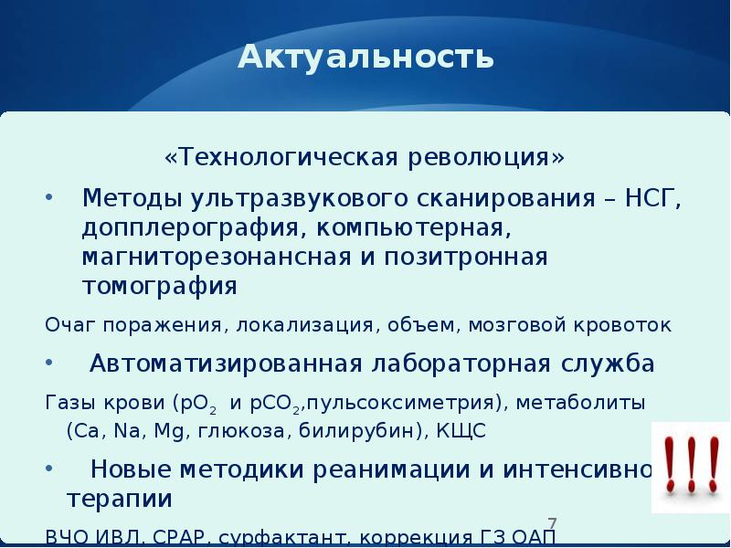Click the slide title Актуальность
(x=365, y=58)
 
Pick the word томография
(x=159, y=287)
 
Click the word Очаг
(x=70, y=325)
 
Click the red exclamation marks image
(x=689, y=467)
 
